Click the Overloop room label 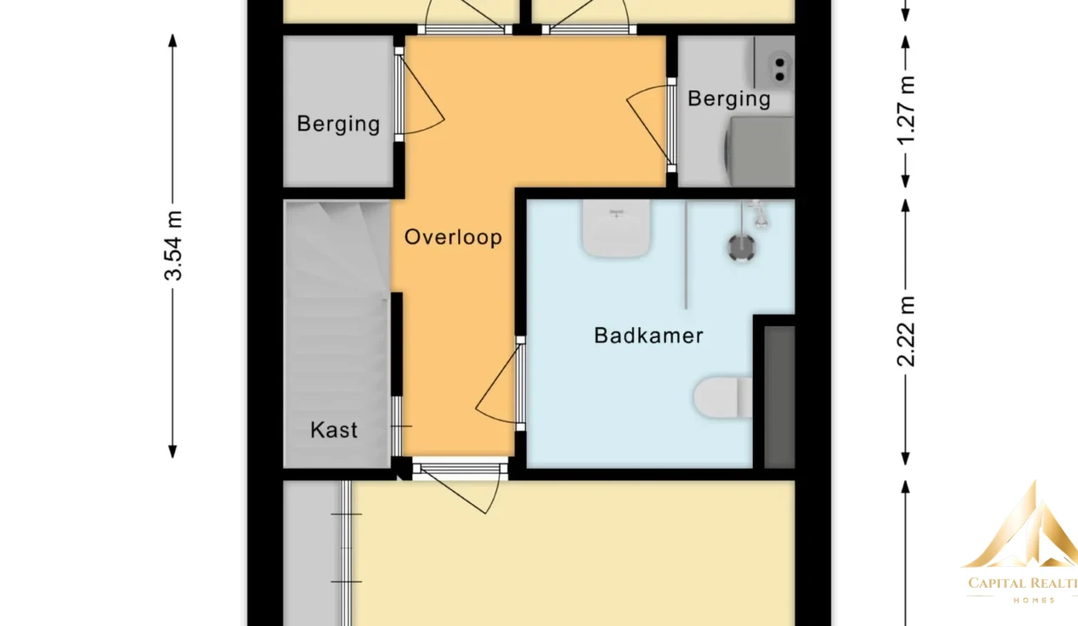coord(453,237)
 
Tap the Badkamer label coord(649,336)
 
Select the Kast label coord(334,430)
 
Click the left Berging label coord(338,123)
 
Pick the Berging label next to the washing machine coord(729,98)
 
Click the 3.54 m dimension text coord(174,245)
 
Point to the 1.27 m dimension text coord(906,110)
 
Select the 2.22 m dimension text coord(906,331)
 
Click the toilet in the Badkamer coord(722,397)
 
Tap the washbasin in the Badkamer coord(616,228)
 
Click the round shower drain coord(741,249)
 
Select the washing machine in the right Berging coord(760,151)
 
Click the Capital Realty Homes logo coord(1021,543)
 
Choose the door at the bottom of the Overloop coord(460,487)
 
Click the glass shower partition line coord(686,254)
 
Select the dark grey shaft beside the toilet coord(779,397)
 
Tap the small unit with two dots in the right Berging coord(775,63)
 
